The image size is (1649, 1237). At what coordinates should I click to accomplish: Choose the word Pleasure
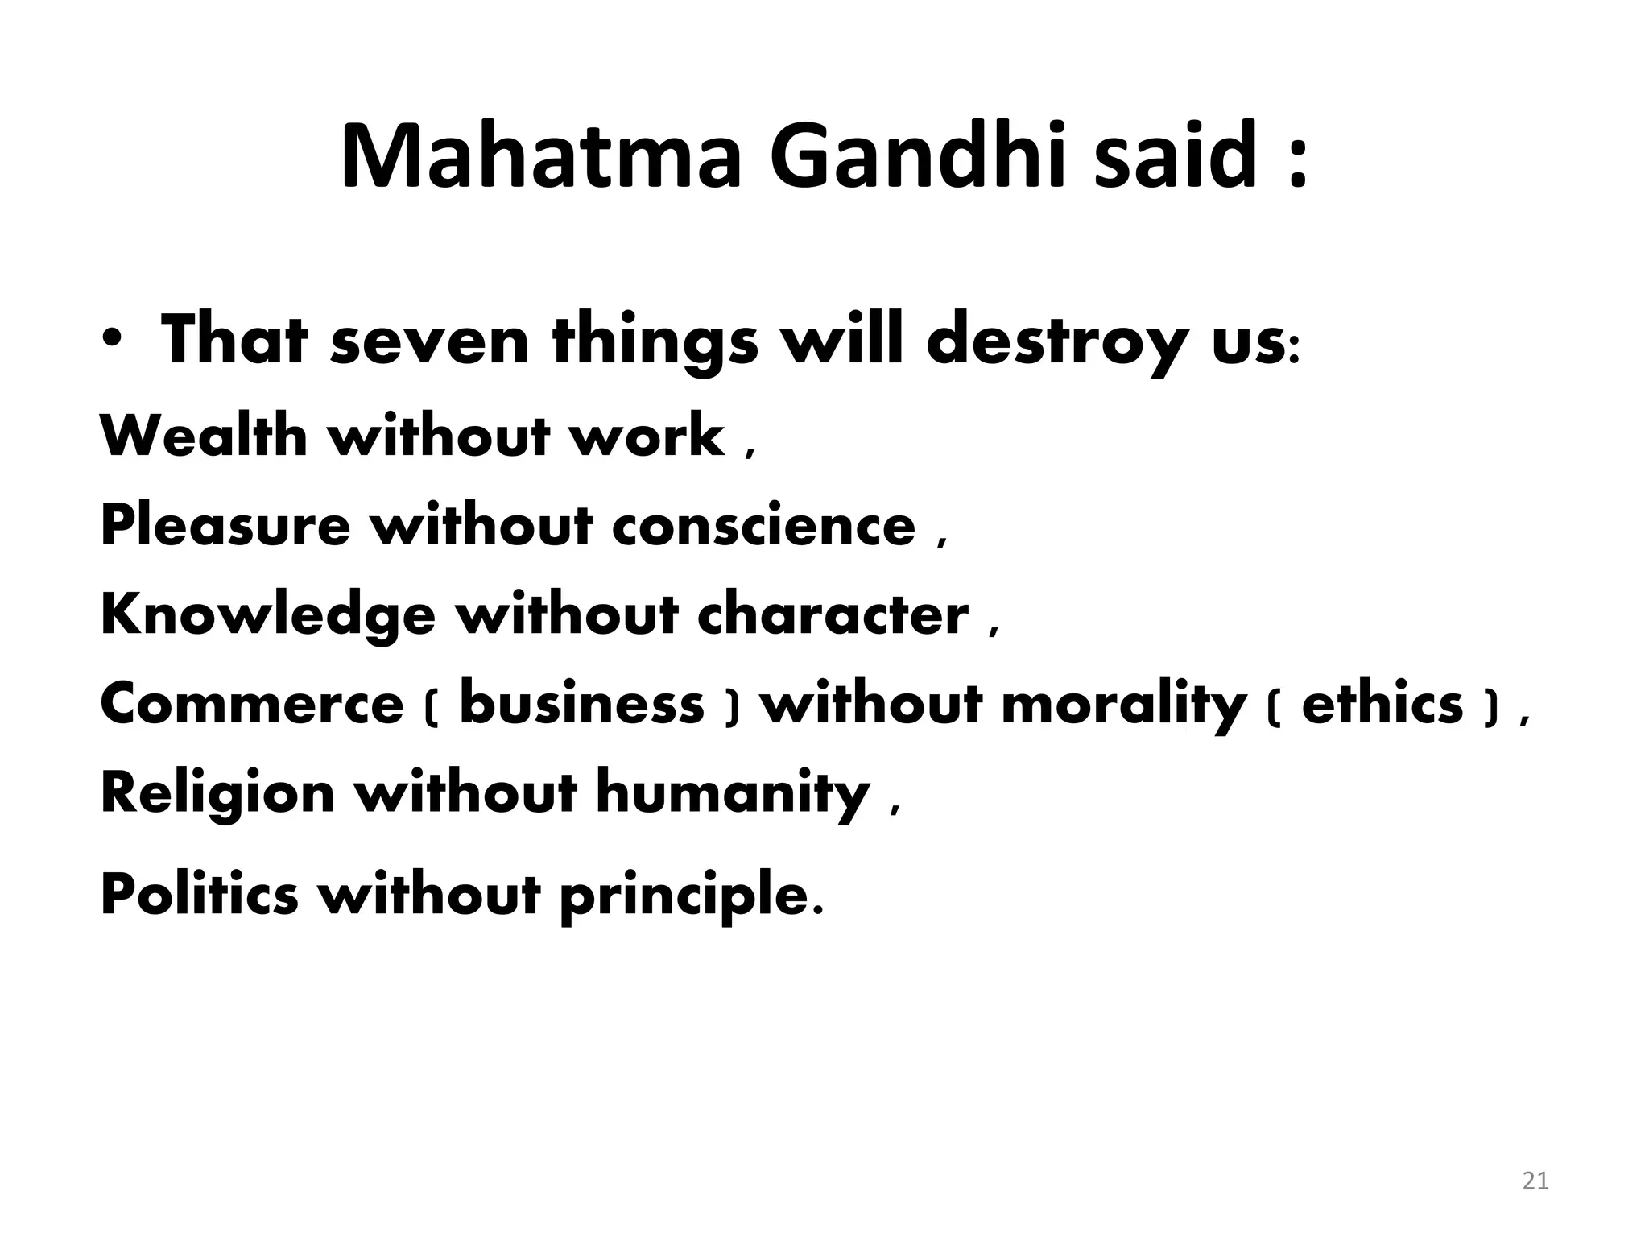(x=225, y=526)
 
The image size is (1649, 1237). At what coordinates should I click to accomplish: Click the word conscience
(x=763, y=526)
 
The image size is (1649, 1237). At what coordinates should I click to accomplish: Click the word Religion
(x=217, y=793)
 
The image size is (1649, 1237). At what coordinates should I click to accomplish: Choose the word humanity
(x=733, y=793)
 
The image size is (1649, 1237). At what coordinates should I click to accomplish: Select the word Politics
(x=199, y=895)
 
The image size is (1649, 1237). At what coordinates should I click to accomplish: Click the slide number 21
(x=1535, y=1181)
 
